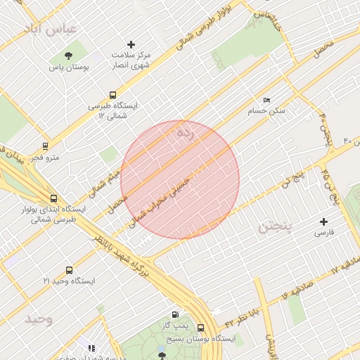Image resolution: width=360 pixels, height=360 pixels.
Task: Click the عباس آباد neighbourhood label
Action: [x=53, y=28]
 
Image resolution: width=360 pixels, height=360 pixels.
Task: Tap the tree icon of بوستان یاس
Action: [x=68, y=56]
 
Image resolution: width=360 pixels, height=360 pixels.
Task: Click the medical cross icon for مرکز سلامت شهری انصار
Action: [x=131, y=44]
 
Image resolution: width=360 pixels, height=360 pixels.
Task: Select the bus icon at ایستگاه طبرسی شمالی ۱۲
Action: [x=112, y=95]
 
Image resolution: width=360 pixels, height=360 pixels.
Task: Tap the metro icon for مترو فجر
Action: [x=46, y=146]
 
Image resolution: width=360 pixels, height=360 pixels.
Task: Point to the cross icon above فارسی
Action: [x=323, y=221]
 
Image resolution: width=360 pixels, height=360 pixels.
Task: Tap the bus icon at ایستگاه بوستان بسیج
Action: [x=201, y=328]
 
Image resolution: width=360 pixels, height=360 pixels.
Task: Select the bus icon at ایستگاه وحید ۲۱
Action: [x=69, y=270]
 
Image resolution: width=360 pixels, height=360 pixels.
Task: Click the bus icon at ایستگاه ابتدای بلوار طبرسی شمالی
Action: [x=53, y=198]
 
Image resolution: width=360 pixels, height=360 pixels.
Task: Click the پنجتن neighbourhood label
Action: [x=278, y=226]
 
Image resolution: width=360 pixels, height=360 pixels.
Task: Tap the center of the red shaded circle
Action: [x=180, y=179]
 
